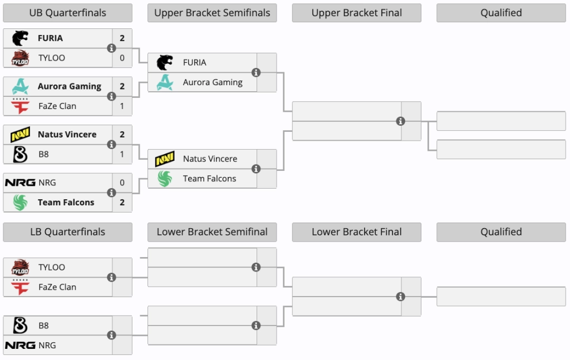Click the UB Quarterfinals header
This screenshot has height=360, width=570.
pos(67,13)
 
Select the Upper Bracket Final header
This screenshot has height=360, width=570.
pos(357,13)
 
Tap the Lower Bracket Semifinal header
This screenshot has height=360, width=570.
pos(212,232)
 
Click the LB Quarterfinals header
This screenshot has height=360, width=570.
pos(67,232)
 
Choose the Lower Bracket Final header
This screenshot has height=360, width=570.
pos(357,232)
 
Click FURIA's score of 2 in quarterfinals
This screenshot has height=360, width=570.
pos(122,38)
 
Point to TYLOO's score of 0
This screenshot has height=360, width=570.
pos(122,58)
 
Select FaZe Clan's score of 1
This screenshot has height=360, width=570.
pos(122,106)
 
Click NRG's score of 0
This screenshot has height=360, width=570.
pos(122,183)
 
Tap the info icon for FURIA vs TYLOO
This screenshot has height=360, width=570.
pos(111,48)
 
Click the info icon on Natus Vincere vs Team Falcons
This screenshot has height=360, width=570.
pos(256,169)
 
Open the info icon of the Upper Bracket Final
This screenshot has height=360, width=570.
pos(401,121)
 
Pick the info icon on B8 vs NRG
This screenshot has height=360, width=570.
pos(111,335)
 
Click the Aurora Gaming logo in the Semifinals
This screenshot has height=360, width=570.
pos(165,82)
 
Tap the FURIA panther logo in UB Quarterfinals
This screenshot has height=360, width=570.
pos(20,38)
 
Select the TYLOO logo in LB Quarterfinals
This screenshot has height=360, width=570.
pos(20,268)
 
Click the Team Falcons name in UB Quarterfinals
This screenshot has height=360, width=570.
pos(66,203)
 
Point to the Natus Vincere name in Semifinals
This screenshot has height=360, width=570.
pos(210,159)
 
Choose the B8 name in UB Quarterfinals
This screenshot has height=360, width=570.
pos(43,154)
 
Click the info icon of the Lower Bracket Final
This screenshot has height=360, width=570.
pos(401,297)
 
